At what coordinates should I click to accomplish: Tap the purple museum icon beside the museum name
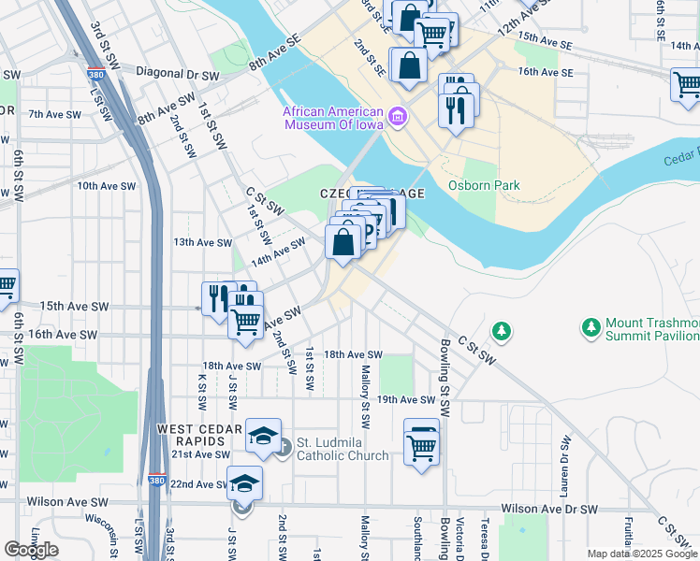tap(399, 115)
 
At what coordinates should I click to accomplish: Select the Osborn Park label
tap(484, 185)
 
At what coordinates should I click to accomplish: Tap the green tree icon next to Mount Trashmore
tap(591, 328)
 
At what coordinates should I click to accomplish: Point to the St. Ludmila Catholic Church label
tap(343, 449)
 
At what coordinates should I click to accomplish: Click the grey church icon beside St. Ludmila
tap(284, 448)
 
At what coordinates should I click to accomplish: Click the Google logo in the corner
tap(31, 550)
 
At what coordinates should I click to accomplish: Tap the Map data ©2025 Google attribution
tap(641, 554)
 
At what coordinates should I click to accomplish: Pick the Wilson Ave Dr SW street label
tap(549, 510)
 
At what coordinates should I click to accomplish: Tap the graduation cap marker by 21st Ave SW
tap(263, 435)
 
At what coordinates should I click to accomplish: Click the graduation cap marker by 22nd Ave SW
tap(244, 482)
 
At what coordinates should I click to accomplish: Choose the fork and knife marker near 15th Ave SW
tap(217, 298)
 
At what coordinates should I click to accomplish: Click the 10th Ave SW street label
tap(108, 186)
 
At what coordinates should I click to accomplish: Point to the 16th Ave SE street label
tap(545, 71)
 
